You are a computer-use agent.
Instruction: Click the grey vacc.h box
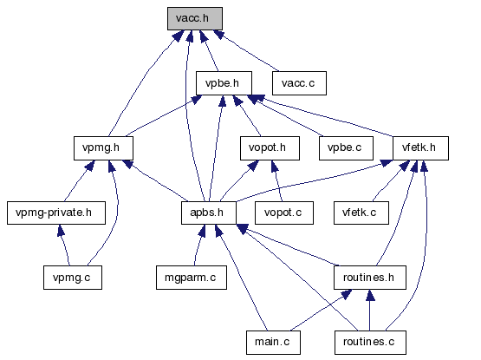tap(195, 19)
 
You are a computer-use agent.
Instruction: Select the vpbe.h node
tap(224, 83)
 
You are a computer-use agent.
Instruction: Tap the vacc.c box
tap(299, 83)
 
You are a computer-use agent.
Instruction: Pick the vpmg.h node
tap(103, 148)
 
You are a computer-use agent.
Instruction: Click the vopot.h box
tap(270, 148)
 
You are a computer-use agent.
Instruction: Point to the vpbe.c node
tap(346, 148)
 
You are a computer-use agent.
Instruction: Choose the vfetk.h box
tap(420, 148)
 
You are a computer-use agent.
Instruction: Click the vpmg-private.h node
tap(56, 213)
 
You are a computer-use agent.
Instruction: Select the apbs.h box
tap(209, 213)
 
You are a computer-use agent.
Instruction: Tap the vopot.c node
tap(284, 213)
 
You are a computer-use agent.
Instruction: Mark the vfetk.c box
tap(361, 213)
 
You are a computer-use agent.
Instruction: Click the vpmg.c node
tap(73, 278)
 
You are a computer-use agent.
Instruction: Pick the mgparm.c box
tap(192, 278)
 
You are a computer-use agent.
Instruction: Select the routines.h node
tap(370, 278)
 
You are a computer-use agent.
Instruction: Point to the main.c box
tap(273, 343)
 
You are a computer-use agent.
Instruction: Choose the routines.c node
tap(370, 343)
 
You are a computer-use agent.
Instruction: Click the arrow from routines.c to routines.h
tap(370, 311)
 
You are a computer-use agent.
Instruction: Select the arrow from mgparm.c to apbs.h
tap(198, 245)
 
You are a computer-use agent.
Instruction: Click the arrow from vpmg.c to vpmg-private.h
tap(64, 245)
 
